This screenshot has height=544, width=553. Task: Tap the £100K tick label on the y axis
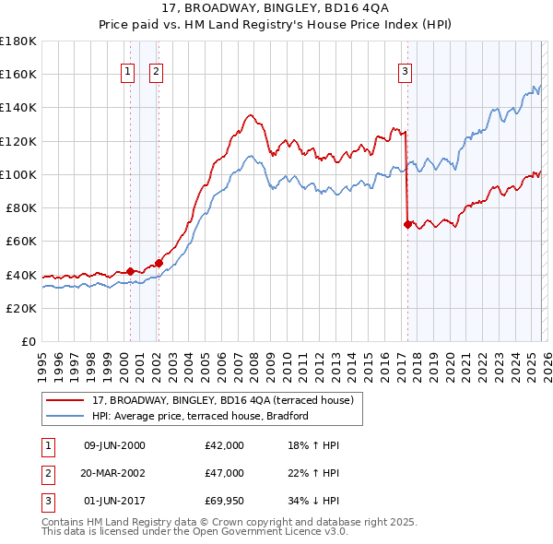coord(18,174)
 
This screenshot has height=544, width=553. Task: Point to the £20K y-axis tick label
coord(20,308)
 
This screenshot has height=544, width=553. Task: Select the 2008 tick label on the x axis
coord(253,360)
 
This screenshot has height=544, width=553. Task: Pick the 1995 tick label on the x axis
coord(41,360)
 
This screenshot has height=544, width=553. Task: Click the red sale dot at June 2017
coord(407,223)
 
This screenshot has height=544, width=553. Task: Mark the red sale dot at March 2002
coord(159,263)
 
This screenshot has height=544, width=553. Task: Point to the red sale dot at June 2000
coord(130,271)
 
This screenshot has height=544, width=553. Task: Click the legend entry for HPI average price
coord(199,416)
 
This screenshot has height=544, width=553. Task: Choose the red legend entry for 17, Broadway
coord(229,399)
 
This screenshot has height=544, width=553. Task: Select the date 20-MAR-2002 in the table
coord(114,474)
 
